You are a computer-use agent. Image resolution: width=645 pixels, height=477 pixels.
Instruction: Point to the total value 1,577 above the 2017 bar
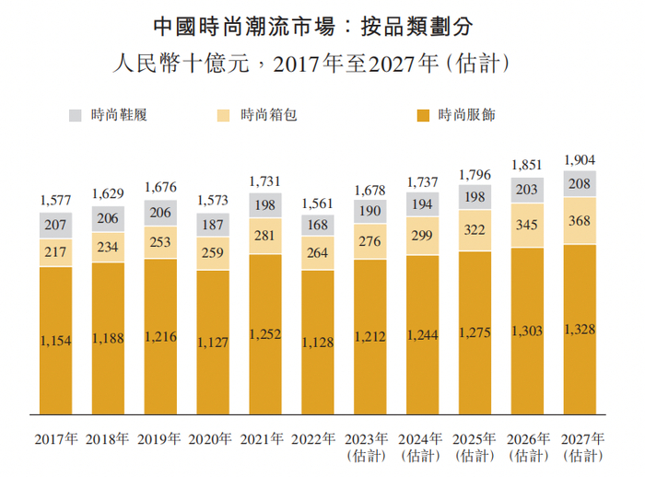(55, 200)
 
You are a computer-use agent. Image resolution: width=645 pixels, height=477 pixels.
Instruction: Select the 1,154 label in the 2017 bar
(55, 341)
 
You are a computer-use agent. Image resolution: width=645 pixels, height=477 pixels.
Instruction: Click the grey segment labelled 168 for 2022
(318, 226)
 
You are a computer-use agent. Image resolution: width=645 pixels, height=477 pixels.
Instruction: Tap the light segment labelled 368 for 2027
(580, 220)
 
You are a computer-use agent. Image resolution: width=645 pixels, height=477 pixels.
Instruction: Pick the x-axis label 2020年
(213, 438)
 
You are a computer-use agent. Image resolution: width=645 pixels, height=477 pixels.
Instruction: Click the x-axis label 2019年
(160, 438)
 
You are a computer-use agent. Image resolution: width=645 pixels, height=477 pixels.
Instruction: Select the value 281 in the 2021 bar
(265, 237)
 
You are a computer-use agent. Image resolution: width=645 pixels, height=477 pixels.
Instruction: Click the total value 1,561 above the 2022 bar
(318, 204)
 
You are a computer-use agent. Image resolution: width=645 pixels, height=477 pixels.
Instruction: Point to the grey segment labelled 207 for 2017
(55, 225)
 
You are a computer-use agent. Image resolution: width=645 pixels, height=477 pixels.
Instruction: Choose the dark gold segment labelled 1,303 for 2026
(527, 332)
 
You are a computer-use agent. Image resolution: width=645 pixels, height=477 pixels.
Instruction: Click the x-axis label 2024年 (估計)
(422, 447)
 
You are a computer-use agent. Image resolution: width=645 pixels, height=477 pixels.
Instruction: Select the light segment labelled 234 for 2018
(108, 247)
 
